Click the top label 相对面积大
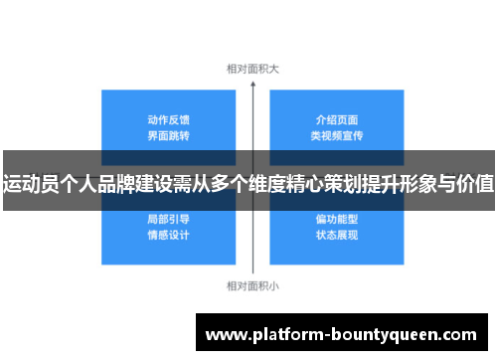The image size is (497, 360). (x=252, y=70)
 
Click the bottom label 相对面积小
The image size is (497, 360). (x=252, y=285)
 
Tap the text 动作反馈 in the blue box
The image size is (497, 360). (x=168, y=117)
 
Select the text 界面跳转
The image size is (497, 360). (x=168, y=134)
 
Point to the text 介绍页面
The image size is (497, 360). (x=335, y=117)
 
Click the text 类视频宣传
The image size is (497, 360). (x=335, y=134)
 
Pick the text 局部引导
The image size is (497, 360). (x=168, y=218)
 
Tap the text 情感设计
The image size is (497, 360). (x=168, y=235)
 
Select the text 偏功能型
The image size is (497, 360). (x=335, y=218)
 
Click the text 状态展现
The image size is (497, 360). (x=335, y=235)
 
